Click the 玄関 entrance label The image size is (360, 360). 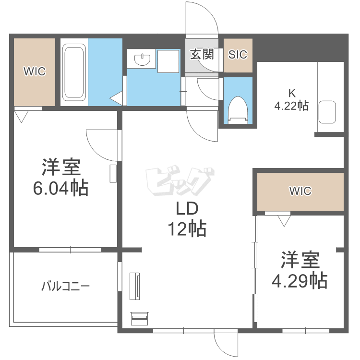tap(202, 54)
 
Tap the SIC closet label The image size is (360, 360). tap(238, 55)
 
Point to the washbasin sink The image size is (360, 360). tap(143, 60)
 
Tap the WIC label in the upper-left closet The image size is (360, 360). tap(35, 72)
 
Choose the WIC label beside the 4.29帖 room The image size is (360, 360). tap(300, 191)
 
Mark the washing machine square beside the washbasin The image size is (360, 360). tap(168, 61)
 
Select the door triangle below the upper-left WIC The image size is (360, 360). tap(21, 116)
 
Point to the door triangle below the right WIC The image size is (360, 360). tap(284, 220)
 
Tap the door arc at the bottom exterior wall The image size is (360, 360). tap(226, 345)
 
